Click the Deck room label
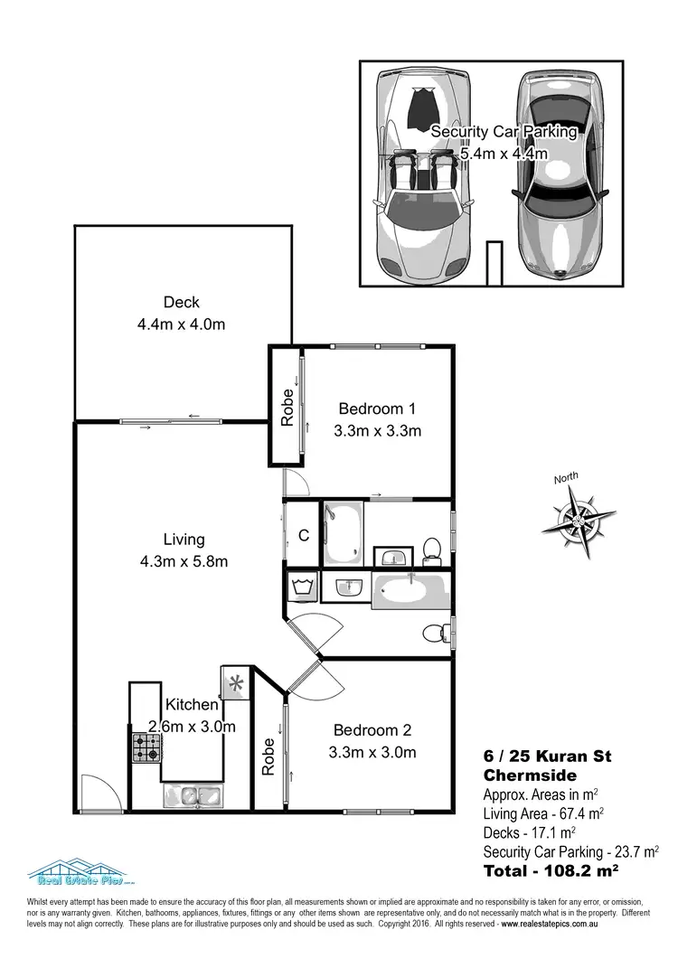[181, 303]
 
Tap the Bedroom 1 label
[378, 408]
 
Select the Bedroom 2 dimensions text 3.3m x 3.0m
[374, 752]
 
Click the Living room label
[184, 540]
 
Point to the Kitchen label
[191, 705]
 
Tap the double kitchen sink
[193, 796]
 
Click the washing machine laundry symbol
[301, 587]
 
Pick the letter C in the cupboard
[304, 534]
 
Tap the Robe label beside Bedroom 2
[268, 757]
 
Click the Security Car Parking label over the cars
[504, 131]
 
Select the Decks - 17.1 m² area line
[530, 832]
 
